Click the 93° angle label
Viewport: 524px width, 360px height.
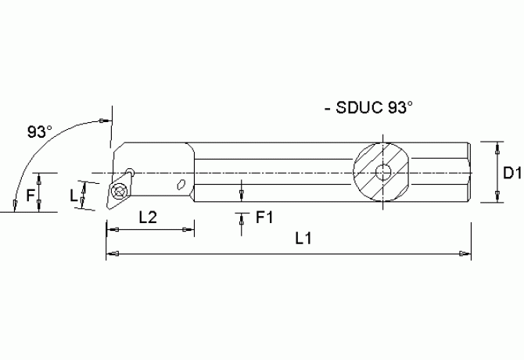40,132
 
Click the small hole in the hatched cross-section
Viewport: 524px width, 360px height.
383,173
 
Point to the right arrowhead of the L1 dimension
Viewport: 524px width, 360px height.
466,254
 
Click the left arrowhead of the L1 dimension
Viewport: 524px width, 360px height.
111,254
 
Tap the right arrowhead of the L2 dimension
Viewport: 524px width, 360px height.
189,230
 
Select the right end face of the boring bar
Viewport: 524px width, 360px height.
472,173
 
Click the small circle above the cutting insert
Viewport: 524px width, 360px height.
130,172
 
